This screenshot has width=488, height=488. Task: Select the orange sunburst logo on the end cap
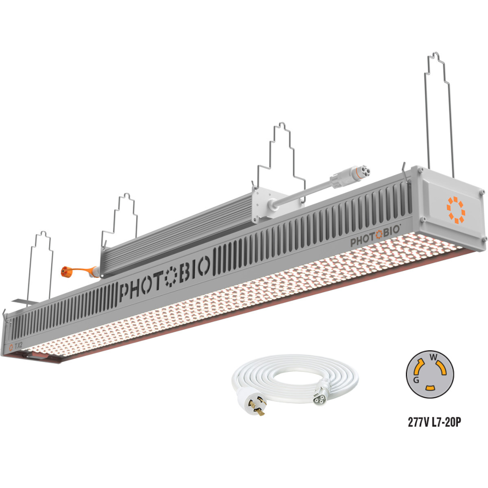coord(456,210)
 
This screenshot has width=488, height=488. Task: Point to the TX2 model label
coord(19,346)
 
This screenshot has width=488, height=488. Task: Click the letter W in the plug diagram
coord(432,358)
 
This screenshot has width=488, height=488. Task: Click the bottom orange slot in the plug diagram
coord(430,388)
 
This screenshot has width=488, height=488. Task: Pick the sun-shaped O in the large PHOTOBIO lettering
coord(170,276)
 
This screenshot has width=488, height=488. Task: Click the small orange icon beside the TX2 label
coord(11,347)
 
